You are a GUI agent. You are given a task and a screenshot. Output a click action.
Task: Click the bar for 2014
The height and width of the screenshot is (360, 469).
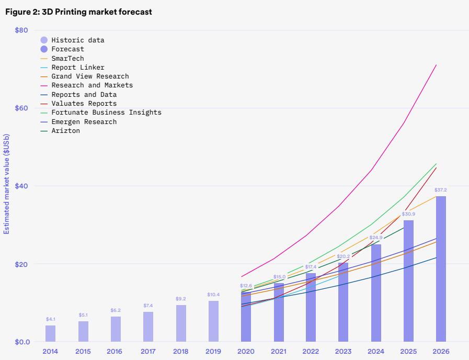point(50,333)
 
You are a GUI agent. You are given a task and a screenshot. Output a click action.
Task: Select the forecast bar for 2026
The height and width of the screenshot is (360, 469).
point(441,269)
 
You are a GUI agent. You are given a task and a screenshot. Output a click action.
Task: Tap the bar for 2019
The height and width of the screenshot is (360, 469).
point(213,321)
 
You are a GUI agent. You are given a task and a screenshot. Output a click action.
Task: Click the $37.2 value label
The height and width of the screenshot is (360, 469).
point(441,190)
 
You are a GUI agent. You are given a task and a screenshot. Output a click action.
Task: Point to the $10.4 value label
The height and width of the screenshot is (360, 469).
point(213,295)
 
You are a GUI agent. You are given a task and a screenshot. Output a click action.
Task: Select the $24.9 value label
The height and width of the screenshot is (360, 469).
point(375,238)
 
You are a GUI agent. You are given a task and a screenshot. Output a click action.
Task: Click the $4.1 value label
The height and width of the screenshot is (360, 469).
point(50,319)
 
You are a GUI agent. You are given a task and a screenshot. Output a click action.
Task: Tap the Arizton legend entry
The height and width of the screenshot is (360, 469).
point(66,130)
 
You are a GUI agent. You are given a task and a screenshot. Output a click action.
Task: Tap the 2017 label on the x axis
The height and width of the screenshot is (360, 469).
point(148,352)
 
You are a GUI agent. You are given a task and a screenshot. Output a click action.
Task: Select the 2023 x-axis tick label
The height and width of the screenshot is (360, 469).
point(343,352)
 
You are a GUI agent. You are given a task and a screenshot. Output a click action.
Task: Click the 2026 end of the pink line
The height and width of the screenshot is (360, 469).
point(437,65)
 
